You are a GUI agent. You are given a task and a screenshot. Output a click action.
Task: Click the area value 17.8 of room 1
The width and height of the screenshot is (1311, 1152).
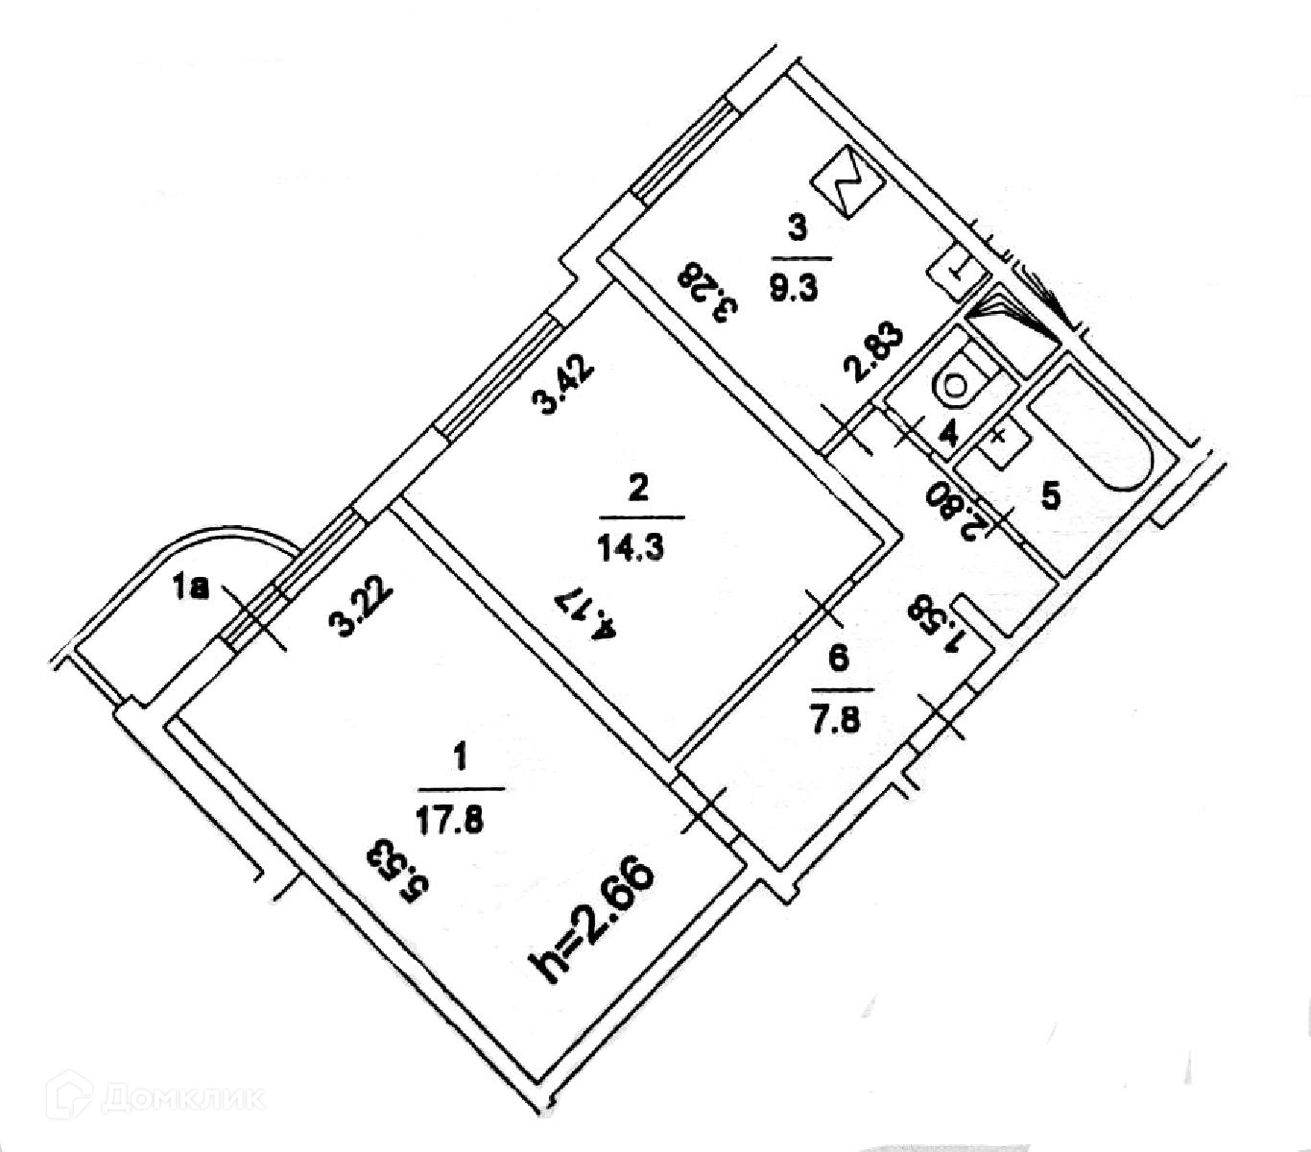coord(462,822)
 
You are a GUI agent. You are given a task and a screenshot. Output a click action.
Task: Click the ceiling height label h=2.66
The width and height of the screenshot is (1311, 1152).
coord(596,922)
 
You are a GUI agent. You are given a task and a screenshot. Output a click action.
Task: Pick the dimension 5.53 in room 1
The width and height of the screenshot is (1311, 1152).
coord(391,871)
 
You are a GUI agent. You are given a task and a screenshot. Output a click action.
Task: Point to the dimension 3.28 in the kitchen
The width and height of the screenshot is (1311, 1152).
coord(709,294)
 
